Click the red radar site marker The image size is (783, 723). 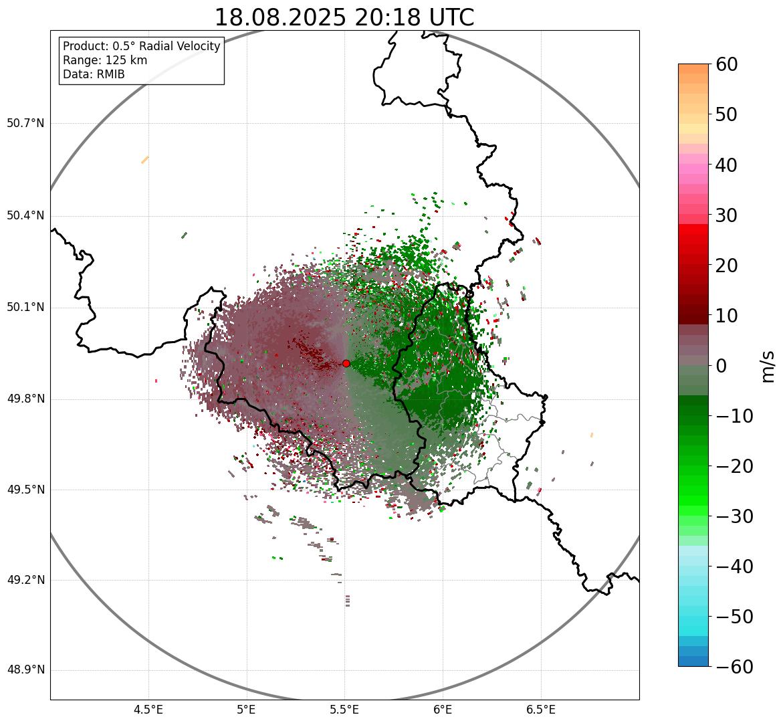coord(346,363)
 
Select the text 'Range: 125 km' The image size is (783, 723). coord(105,60)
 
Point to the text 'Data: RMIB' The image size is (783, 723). coord(94,74)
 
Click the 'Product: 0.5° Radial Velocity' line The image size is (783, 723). coord(141,46)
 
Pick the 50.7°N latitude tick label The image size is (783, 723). coord(25,124)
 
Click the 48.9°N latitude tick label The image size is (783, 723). coord(25,670)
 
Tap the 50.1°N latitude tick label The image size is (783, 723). coord(25,308)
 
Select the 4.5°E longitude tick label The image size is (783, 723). coord(148,710)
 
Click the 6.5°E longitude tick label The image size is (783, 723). coord(540,710)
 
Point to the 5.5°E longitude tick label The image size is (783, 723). coord(344,710)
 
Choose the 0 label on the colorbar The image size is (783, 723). coord(721,366)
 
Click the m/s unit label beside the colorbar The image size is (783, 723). coord(768,366)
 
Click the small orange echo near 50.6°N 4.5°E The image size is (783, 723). coord(145,160)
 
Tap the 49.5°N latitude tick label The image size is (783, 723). coord(25,490)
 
